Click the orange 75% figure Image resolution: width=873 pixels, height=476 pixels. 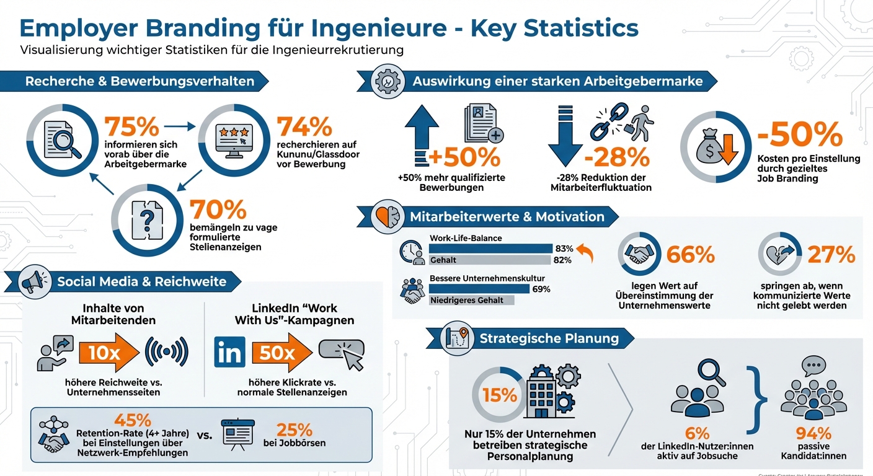click(131, 126)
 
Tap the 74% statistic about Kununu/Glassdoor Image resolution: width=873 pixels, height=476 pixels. click(304, 126)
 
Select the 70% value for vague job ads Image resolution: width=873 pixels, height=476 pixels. click(218, 210)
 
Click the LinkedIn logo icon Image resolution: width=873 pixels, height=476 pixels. click(229, 352)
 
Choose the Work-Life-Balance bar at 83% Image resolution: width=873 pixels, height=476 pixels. click(490, 249)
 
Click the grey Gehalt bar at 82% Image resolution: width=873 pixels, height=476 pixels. click(490, 260)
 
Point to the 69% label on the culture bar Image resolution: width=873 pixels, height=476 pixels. click(541, 289)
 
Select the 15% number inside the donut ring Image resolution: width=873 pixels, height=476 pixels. click(500, 395)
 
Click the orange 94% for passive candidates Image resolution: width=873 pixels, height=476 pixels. click(813, 433)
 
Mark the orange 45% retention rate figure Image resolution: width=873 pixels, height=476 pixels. click(133, 420)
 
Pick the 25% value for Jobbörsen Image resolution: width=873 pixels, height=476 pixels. click(295, 430)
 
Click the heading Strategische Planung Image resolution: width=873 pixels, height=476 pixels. click(549, 338)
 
